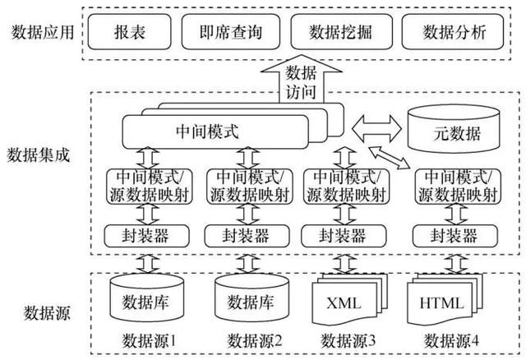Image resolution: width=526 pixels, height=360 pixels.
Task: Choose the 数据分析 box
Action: (454, 33)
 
